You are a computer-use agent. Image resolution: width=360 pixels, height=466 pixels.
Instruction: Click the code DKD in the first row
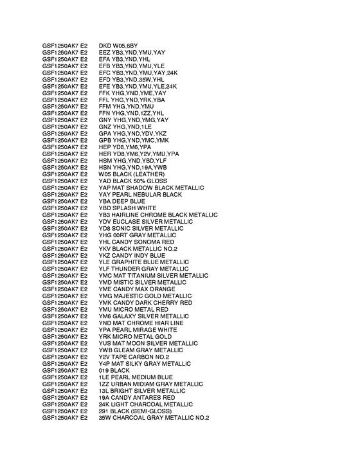click(105, 46)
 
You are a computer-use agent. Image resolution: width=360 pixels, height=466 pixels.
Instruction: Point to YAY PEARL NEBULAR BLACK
click(140, 194)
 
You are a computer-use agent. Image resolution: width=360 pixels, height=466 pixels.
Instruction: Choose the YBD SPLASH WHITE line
click(127, 208)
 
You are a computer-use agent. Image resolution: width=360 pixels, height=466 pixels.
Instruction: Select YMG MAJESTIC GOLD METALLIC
click(146, 296)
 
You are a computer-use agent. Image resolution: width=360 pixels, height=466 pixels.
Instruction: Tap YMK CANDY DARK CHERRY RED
click(145, 302)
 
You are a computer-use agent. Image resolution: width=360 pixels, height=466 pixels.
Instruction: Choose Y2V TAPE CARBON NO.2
click(134, 357)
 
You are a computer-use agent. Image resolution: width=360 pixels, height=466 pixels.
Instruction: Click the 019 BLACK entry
click(114, 370)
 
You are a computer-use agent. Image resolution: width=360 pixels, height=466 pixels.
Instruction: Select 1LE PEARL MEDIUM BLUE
click(136, 377)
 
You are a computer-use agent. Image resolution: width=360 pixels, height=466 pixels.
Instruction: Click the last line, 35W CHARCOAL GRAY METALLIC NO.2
click(154, 417)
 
